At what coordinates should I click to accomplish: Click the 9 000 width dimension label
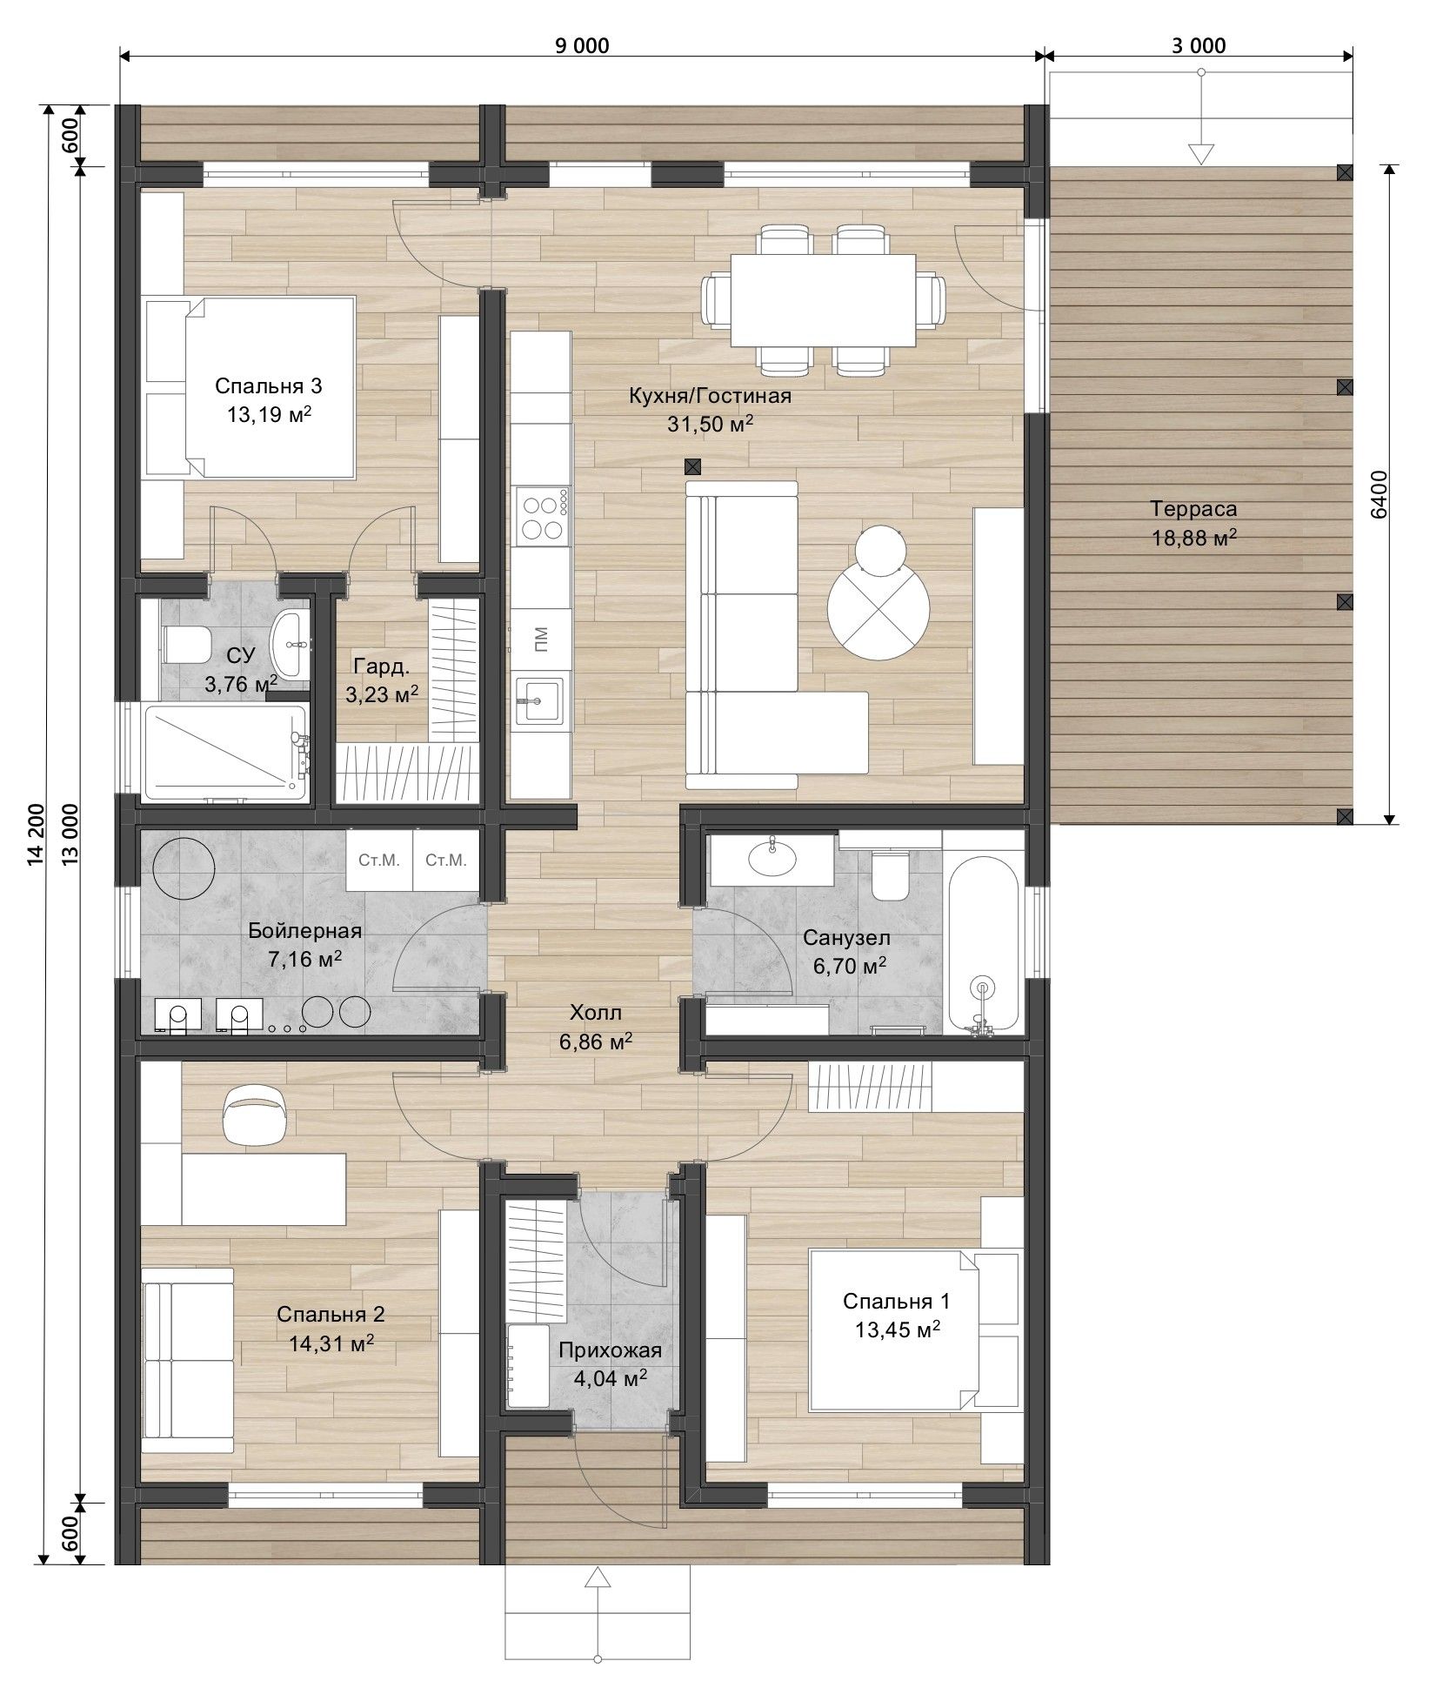pos(582,44)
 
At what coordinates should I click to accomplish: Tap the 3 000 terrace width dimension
pos(1198,44)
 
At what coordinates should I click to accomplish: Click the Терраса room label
pos(1193,509)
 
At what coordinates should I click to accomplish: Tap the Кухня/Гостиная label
pos(710,397)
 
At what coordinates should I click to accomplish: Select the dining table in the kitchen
pos(823,300)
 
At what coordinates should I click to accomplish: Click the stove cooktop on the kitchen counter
pos(542,517)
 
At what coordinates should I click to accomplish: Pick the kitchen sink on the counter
pos(539,700)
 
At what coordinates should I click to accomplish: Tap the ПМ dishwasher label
pos(541,638)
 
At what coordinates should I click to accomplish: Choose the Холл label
pos(596,1013)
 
